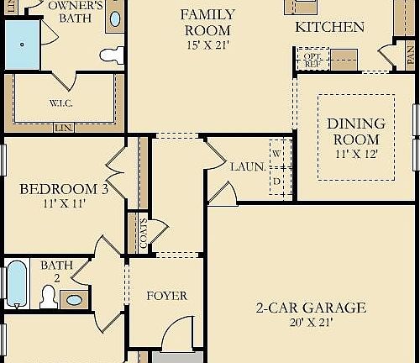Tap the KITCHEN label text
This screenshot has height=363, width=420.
[x=329, y=27]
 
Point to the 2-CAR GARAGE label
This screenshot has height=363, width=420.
[x=311, y=308]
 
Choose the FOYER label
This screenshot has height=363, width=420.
[x=166, y=296]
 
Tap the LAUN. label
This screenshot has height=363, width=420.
[x=249, y=167]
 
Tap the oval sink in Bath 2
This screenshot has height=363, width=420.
[x=76, y=299]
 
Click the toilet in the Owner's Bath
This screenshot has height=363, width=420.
[x=110, y=55]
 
